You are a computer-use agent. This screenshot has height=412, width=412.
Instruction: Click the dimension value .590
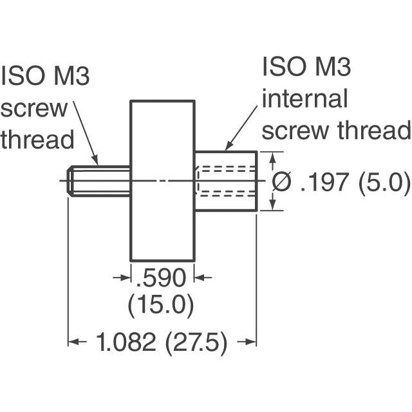(162, 278)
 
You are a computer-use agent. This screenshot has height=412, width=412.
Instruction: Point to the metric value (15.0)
(161, 304)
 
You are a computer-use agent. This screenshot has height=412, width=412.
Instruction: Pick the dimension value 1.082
(126, 343)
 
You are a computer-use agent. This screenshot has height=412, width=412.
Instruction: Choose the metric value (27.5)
(196, 343)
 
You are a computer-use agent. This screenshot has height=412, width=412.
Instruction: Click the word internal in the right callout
(304, 99)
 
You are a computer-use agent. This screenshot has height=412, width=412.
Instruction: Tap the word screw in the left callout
(33, 108)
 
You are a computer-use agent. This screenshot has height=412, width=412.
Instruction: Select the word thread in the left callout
(37, 138)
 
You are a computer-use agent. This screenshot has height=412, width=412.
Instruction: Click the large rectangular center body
(162, 180)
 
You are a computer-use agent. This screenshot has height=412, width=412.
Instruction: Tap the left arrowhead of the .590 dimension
(126, 277)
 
